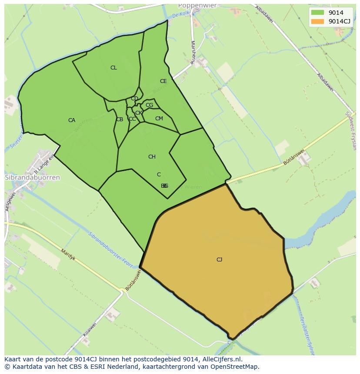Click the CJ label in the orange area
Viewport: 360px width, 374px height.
point(219,260)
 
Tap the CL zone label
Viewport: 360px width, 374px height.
point(113,68)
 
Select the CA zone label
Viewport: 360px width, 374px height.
point(72,120)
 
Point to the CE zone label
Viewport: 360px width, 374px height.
point(163,81)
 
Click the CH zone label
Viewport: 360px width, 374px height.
point(152,157)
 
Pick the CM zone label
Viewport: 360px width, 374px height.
point(159,119)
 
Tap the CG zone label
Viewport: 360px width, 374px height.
point(149,105)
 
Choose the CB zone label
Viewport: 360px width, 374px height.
point(120,119)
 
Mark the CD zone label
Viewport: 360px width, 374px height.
point(134,99)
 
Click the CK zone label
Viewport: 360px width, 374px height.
point(138,113)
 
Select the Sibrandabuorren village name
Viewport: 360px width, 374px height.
point(32,178)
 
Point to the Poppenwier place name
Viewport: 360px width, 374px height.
point(197,6)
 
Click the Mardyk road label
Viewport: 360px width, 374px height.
point(68,255)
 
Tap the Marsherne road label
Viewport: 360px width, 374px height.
point(193,53)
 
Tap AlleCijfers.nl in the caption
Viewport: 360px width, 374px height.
point(222,359)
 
